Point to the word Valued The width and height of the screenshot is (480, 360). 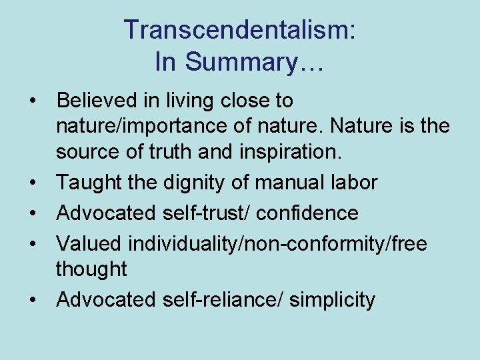[89, 243]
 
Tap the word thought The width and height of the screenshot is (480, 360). [91, 269]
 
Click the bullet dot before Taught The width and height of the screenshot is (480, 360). [33, 182]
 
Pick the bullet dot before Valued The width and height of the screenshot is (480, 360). [33, 243]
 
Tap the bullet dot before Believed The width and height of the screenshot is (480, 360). [33, 101]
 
